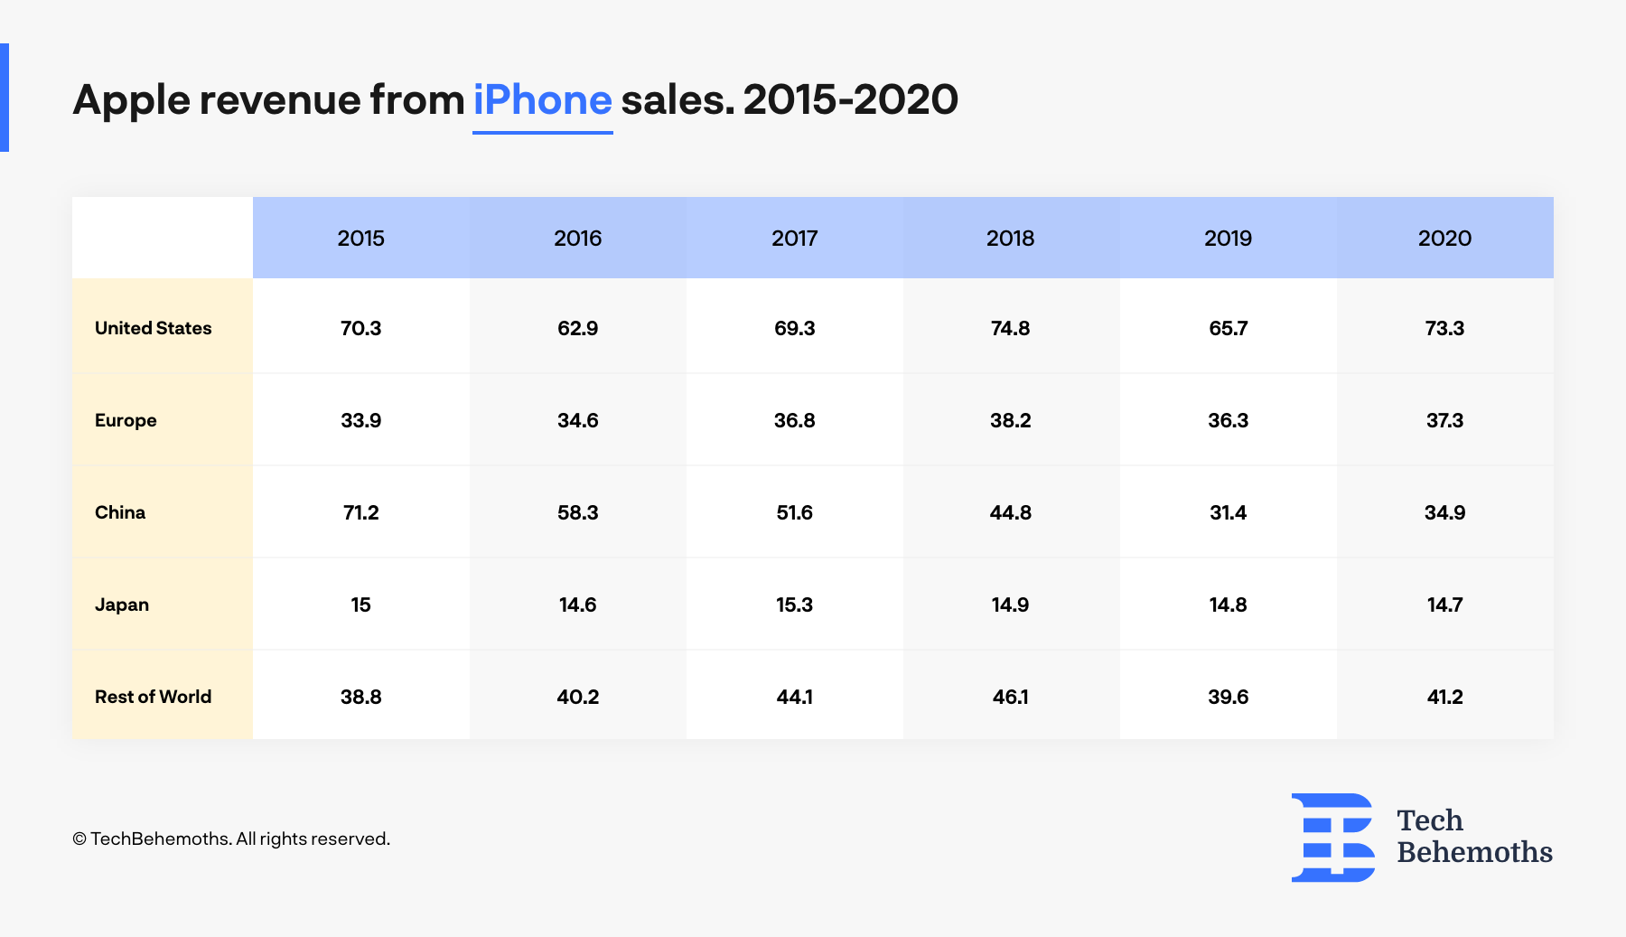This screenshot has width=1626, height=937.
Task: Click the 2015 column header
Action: [360, 238]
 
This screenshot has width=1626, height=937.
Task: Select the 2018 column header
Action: [1010, 238]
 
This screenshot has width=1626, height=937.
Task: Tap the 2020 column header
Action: [1444, 238]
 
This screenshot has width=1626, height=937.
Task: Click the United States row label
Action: [153, 328]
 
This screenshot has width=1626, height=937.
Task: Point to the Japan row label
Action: [122, 604]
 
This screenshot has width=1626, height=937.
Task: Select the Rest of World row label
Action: [153, 697]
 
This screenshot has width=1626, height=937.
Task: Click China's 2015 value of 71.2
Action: [360, 512]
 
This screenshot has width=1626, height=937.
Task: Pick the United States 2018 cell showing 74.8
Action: [1010, 328]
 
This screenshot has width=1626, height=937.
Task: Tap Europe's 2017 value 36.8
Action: [794, 420]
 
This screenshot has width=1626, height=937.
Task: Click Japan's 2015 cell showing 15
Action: [360, 604]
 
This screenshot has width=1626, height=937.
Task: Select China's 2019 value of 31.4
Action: [1228, 512]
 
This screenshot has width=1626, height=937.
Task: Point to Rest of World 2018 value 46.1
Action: [1010, 697]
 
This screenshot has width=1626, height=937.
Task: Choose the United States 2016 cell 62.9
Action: [577, 328]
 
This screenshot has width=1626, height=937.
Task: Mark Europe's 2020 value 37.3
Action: [1444, 420]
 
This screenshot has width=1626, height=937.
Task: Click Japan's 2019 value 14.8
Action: [1228, 604]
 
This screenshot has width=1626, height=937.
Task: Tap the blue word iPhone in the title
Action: [542, 99]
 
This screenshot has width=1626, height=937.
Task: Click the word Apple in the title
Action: [131, 99]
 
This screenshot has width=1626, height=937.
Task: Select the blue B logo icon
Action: [1332, 838]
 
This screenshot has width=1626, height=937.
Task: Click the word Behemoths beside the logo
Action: [1474, 852]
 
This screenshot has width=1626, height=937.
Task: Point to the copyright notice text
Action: [231, 839]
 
